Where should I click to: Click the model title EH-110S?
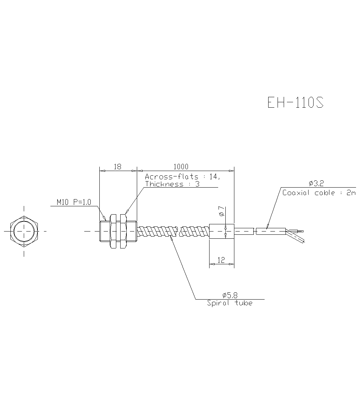[x=295, y=103]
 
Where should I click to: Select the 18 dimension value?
[x=117, y=167]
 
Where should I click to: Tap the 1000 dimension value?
[x=181, y=167]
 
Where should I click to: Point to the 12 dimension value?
[x=221, y=260]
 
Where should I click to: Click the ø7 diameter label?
[x=221, y=213]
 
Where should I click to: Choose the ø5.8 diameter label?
[x=230, y=295]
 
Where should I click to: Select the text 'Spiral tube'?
[x=230, y=303]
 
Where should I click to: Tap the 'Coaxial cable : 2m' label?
[x=319, y=193]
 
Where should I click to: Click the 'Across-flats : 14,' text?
[x=182, y=177]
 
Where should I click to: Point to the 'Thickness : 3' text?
[x=172, y=184]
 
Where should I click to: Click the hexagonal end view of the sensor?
[x=24, y=231]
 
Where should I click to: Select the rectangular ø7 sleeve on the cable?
[x=221, y=231]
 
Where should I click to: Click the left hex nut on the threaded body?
[x=113, y=231]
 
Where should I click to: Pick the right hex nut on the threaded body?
[x=123, y=231]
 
